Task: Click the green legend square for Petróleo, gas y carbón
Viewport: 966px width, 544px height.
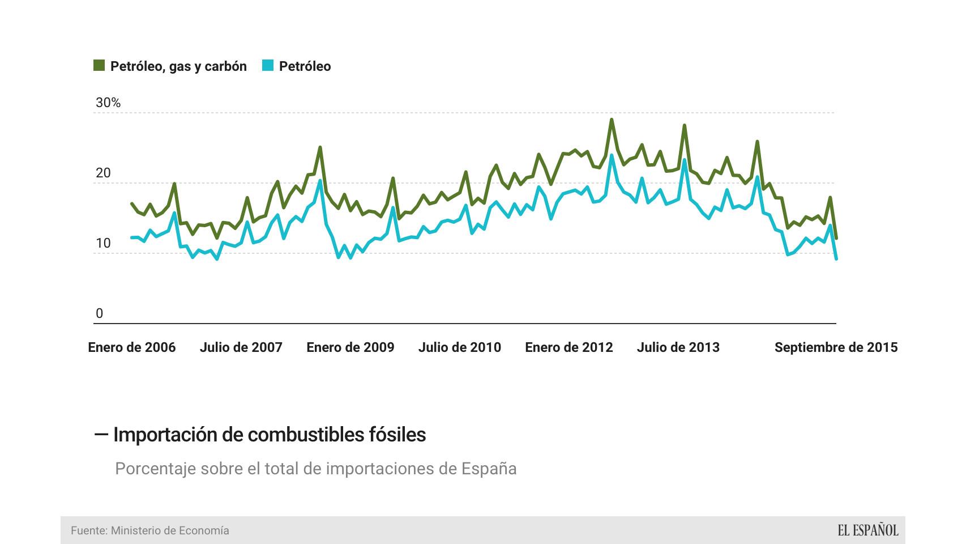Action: [x=99, y=66]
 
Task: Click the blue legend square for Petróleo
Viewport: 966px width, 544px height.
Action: [x=268, y=66]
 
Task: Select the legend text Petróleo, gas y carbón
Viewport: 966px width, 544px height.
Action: [x=178, y=66]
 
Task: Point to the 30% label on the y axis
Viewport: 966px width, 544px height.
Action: [x=108, y=103]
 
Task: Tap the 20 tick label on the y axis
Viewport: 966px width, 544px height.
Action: [x=103, y=173]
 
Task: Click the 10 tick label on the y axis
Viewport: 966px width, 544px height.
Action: [x=103, y=243]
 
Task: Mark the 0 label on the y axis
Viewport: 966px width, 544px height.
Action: [x=100, y=313]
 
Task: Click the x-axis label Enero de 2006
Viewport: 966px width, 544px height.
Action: [x=132, y=347]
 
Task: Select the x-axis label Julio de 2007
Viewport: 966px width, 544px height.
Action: [x=241, y=347]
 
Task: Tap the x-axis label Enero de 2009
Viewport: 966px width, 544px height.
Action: [x=351, y=347]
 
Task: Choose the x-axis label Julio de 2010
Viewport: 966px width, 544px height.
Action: [x=460, y=347]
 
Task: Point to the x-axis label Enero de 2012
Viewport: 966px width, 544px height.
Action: [x=569, y=347]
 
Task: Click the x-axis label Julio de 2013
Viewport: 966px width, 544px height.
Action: [x=678, y=347]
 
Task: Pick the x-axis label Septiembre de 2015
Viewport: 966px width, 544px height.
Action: [x=836, y=347]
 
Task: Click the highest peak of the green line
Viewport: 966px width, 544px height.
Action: [x=612, y=120]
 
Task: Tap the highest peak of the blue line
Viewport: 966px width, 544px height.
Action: [x=612, y=155]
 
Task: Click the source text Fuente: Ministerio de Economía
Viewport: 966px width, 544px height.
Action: [x=150, y=530]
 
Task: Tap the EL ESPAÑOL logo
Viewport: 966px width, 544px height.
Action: [x=867, y=530]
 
